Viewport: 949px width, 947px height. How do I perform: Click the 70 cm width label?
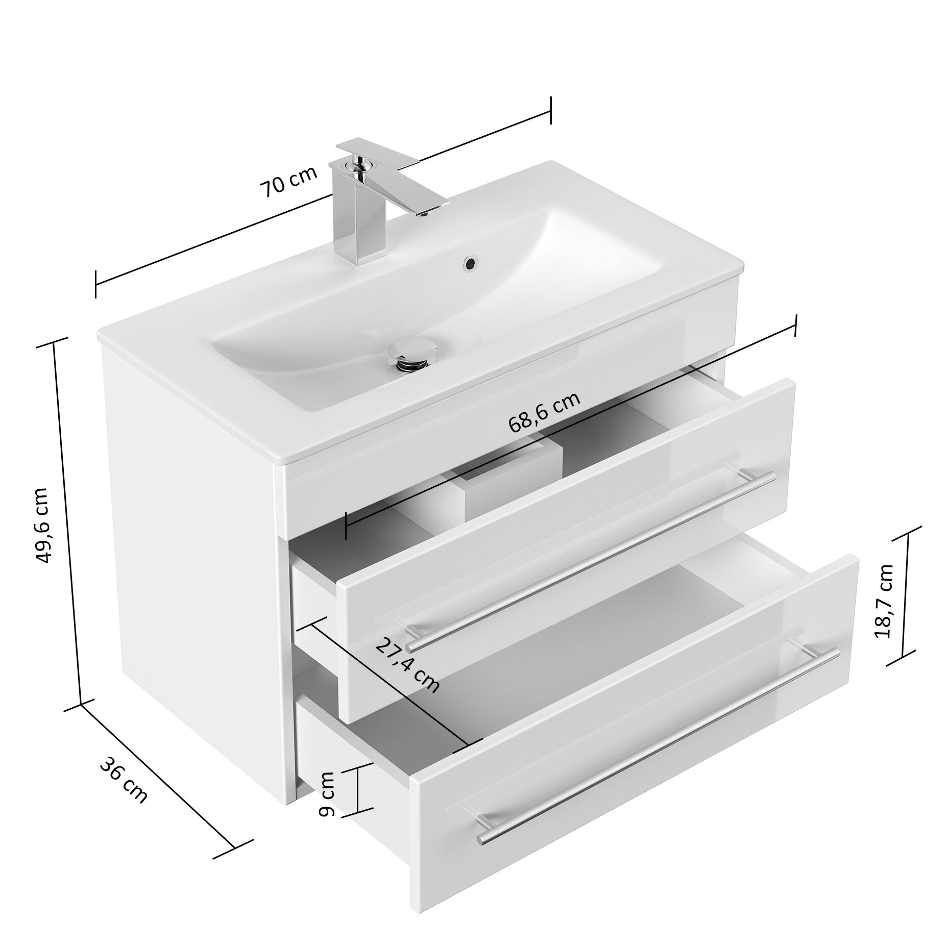(x=289, y=181)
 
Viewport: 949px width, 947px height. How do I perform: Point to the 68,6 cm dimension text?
(x=544, y=411)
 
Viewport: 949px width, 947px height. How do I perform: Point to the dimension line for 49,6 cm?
(x=68, y=520)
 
